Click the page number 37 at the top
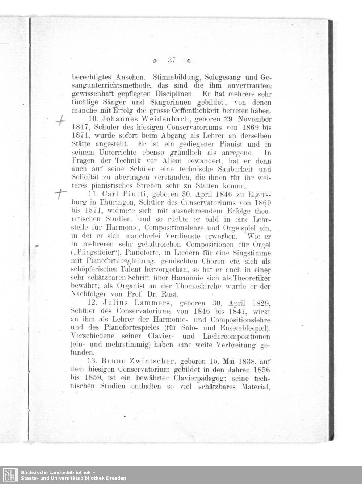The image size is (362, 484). click(172, 61)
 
